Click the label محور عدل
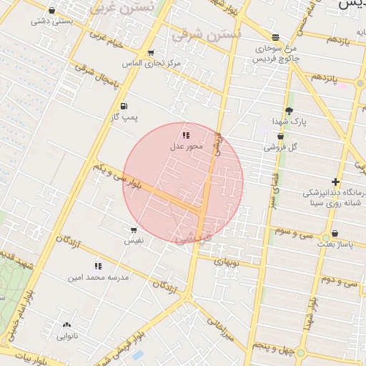pyautogui.click(x=187, y=147)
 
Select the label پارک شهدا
pyautogui.click(x=288, y=122)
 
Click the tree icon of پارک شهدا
pyautogui.click(x=288, y=111)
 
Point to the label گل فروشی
pyautogui.click(x=280, y=147)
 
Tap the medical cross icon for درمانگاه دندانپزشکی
pyautogui.click(x=336, y=182)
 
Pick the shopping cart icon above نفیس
pyautogui.click(x=134, y=230)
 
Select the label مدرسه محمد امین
pyautogui.click(x=99, y=277)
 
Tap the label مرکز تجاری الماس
pyautogui.click(x=152, y=64)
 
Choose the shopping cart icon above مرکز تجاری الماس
pyautogui.click(x=151, y=53)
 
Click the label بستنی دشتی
pyautogui.click(x=52, y=21)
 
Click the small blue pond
pyautogui.click(x=138, y=355)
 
